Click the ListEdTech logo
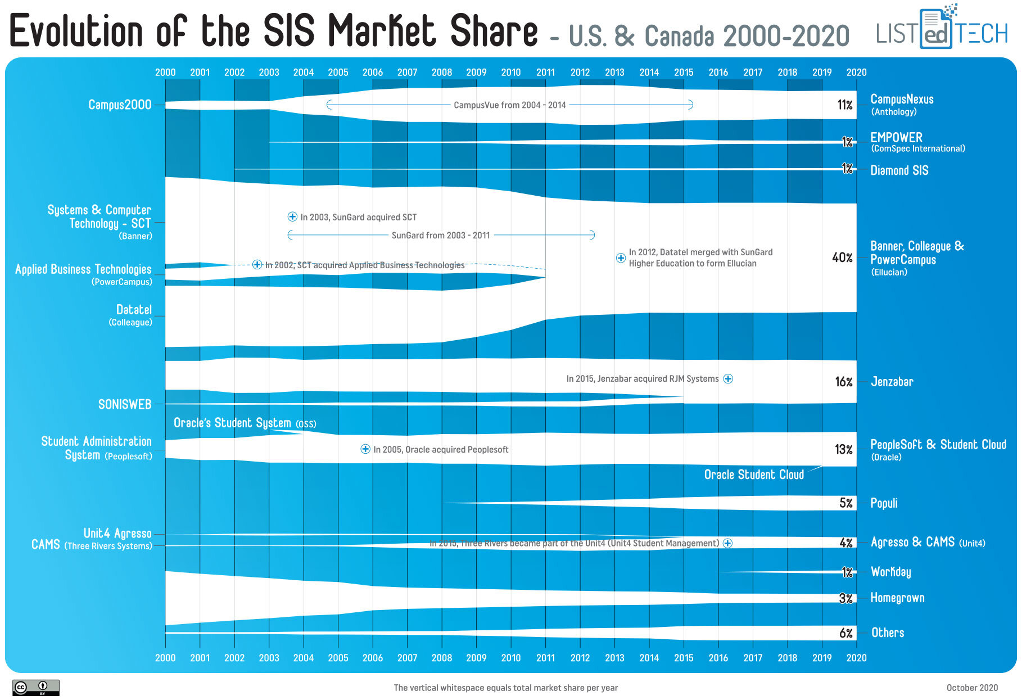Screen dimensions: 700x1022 [x=942, y=28]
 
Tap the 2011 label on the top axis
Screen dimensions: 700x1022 [x=545, y=72]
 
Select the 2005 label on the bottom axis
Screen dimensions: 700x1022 [x=338, y=657]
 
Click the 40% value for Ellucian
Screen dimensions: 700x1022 [x=842, y=258]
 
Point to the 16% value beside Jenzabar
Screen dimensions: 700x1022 [x=843, y=382]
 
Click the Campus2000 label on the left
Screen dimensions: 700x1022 [x=120, y=105]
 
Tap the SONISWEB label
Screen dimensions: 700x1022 [x=125, y=404]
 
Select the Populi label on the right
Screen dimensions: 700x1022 [x=884, y=503]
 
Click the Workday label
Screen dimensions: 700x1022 [x=890, y=572]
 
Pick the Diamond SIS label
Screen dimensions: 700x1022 [x=899, y=170]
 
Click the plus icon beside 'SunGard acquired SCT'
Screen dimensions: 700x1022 [x=292, y=216]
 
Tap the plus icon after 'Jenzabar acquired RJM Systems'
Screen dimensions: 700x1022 [x=728, y=378]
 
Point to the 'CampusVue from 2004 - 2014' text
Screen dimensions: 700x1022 [x=509, y=105]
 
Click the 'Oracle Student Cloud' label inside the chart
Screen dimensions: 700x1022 [x=754, y=475]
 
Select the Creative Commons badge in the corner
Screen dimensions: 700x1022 [x=35, y=688]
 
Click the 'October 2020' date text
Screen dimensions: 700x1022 [x=972, y=688]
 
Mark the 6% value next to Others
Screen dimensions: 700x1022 [x=845, y=633]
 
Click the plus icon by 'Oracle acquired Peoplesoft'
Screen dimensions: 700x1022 [x=365, y=449]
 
